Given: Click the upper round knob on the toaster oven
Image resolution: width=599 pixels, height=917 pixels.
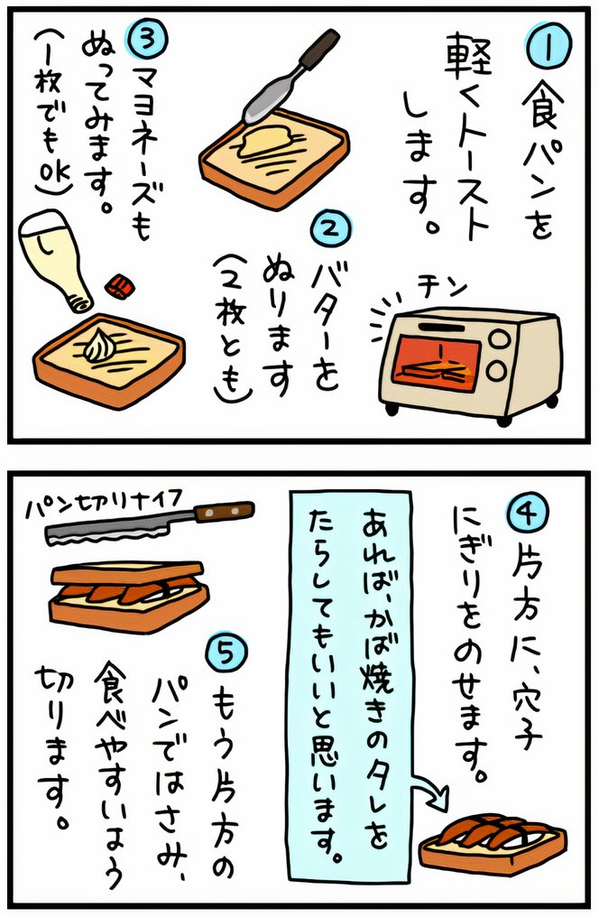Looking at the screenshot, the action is click(499, 338).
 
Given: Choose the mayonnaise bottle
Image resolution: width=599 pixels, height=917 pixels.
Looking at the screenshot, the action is click(56, 263).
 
